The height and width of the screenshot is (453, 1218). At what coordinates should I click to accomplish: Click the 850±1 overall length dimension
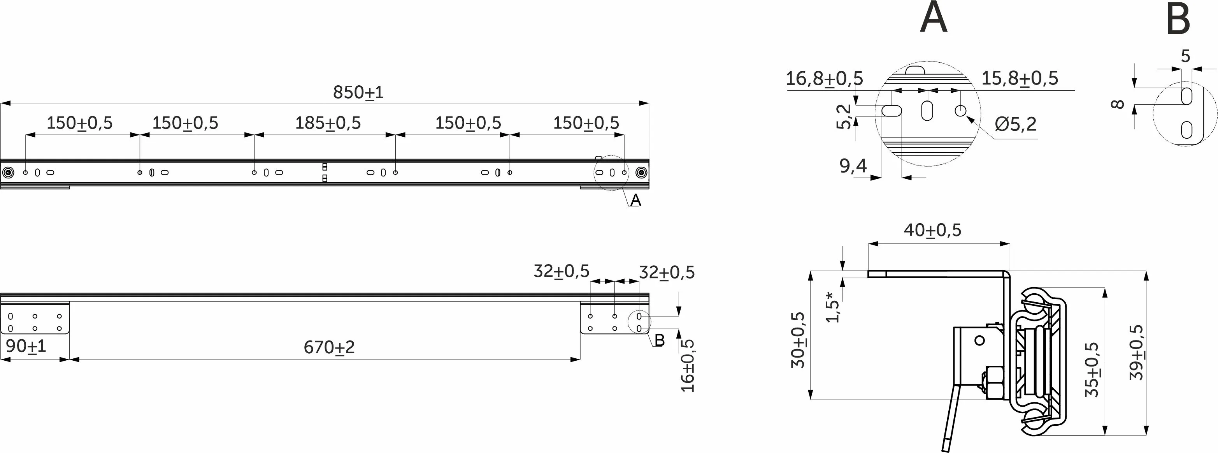click(358, 92)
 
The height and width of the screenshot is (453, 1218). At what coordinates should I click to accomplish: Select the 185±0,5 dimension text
click(328, 123)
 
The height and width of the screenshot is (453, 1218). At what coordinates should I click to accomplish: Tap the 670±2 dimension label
click(329, 347)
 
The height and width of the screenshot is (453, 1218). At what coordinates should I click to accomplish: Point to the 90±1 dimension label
click(26, 346)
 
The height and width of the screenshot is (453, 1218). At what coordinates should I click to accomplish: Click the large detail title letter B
click(1178, 19)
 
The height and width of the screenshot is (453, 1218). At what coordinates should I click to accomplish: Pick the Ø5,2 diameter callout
click(1015, 124)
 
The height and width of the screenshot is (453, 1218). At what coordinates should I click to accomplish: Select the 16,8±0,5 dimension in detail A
click(824, 79)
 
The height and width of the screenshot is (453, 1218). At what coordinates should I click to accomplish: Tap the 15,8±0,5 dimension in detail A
click(1020, 79)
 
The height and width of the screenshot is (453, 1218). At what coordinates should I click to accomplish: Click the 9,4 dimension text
click(853, 166)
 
